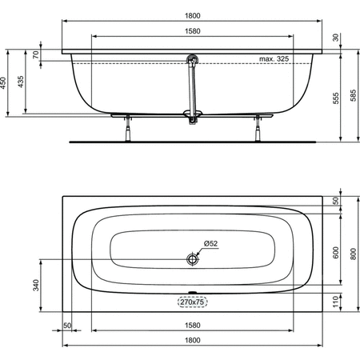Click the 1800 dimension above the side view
[x=193, y=16]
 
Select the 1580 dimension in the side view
[x=193, y=31]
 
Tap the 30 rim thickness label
[x=336, y=38]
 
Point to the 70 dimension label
[x=36, y=55]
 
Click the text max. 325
[x=274, y=59]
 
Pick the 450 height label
[x=3, y=83]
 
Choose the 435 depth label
[x=21, y=82]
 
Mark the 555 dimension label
[x=336, y=98]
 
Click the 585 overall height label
[x=353, y=95]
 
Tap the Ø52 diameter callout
[x=210, y=243]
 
